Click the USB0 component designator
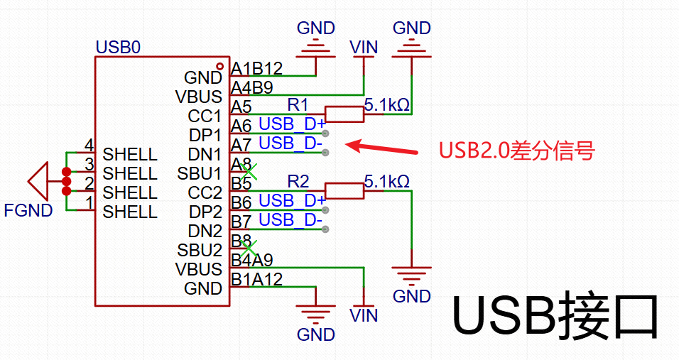118,48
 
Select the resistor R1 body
344,114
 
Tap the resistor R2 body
344,191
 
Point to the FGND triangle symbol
39,182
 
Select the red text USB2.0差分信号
516,151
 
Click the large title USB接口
556,317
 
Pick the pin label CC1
205,116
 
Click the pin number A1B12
257,69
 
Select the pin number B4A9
252,261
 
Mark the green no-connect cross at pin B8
247,248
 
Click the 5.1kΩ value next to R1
386,105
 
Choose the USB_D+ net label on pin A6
292,124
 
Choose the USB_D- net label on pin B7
290,220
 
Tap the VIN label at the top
364,48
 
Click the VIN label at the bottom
364,315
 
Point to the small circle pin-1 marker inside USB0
219,66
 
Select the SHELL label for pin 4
130,154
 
